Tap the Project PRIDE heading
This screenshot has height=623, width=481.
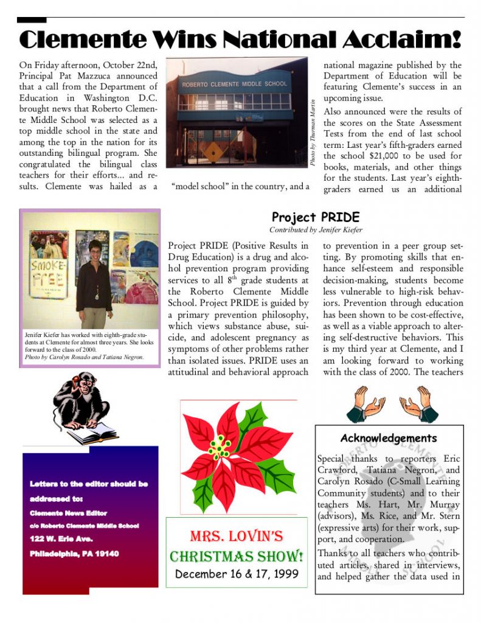[315, 217]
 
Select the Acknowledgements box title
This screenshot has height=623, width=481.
[389, 438]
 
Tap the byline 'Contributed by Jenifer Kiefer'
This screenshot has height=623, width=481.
[316, 230]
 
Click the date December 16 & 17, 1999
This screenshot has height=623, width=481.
[237, 574]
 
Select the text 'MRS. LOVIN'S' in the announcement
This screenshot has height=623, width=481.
[237, 536]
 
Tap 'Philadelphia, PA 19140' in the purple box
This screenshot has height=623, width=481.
[74, 554]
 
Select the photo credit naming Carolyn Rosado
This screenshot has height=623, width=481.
[84, 357]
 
